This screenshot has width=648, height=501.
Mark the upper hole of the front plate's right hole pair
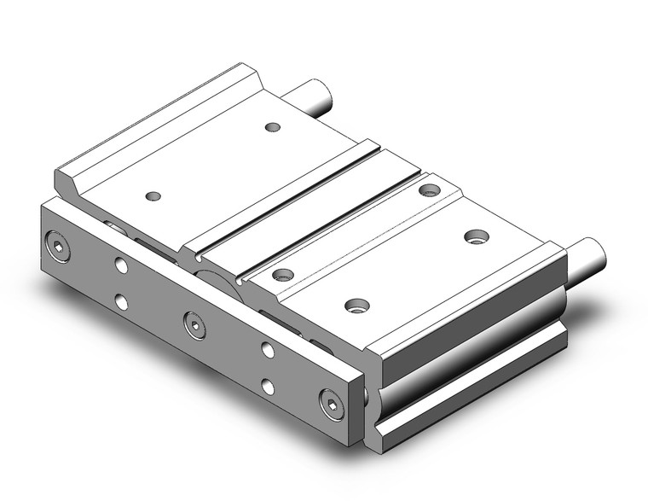click(x=268, y=348)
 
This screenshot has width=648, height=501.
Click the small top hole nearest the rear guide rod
click(x=273, y=127)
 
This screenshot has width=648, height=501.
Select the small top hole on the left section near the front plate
click(x=153, y=196)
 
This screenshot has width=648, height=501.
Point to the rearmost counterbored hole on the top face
click(x=431, y=189)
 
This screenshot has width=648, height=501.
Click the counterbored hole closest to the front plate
click(x=283, y=274)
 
